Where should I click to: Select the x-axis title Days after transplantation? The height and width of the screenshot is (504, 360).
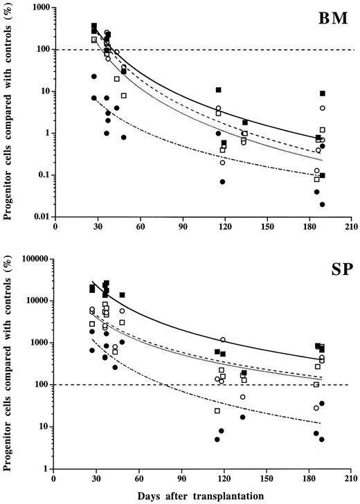click(204, 496)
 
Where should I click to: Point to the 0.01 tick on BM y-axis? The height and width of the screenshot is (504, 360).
click(41, 217)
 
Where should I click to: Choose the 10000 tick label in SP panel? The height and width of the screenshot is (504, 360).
click(37, 301)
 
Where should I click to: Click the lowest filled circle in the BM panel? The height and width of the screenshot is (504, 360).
click(322, 204)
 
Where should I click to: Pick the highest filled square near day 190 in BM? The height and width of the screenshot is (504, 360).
click(322, 93)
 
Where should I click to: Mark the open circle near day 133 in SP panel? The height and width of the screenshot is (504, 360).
click(243, 397)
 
